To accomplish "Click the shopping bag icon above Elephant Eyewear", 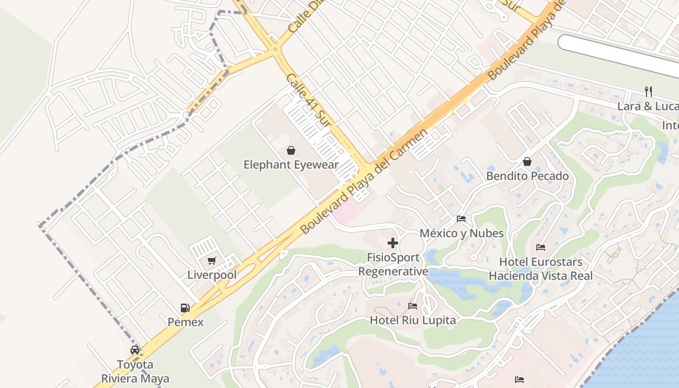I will click(291, 150).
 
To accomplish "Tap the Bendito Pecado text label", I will click(527, 176).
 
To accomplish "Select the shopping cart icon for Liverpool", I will click(211, 261).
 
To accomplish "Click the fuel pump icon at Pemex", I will click(185, 307).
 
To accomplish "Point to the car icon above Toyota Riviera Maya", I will click(135, 350).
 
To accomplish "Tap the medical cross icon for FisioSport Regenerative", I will click(393, 242).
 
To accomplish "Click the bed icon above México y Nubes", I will click(461, 219).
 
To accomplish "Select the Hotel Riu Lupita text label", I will click(413, 320).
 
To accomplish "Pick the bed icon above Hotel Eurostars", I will click(541, 247).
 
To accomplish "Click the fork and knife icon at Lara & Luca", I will click(648, 91).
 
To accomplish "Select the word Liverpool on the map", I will click(212, 275).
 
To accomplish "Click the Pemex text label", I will click(185, 322).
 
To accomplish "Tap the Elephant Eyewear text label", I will click(291, 165).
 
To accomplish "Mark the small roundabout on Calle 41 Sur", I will click(275, 49).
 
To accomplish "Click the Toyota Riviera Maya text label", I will click(135, 372).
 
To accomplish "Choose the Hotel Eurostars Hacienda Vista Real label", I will click(541, 269).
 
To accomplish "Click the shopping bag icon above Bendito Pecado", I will click(527, 162).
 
